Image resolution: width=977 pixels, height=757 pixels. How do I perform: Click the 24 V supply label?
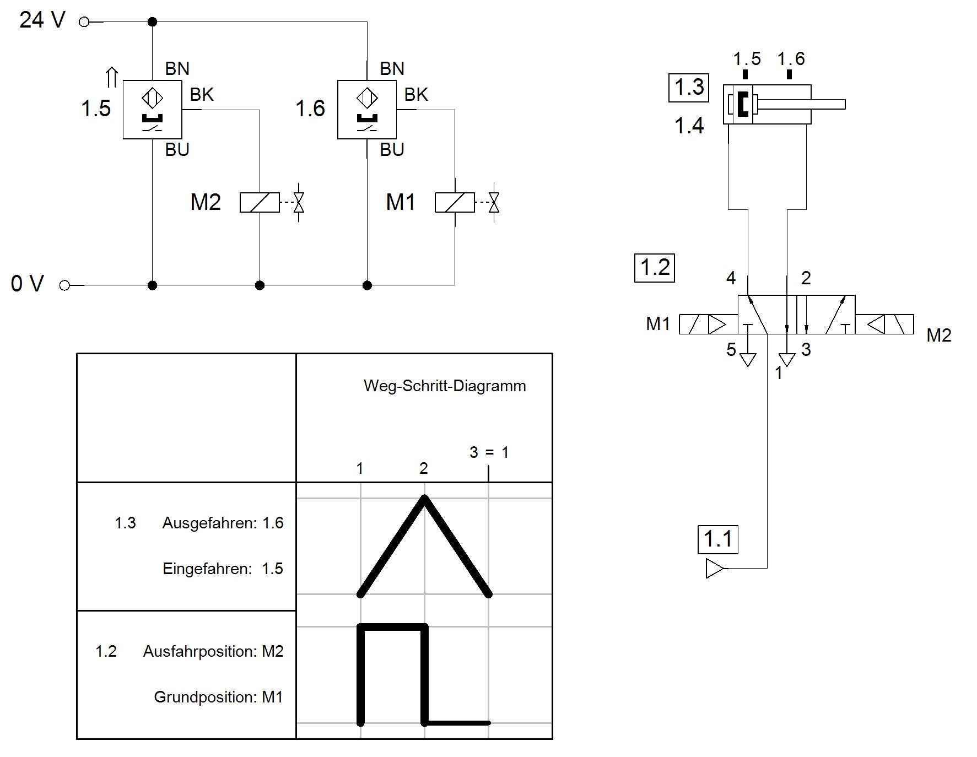tap(42, 20)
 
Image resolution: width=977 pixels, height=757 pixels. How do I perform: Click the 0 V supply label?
tap(27, 284)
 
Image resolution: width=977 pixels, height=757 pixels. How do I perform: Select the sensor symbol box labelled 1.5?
tap(152, 110)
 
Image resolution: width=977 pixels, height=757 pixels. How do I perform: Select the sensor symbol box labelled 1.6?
tap(367, 110)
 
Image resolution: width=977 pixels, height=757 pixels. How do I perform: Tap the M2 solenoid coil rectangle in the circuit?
tap(260, 202)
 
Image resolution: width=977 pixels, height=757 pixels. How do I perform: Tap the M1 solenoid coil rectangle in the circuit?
tap(455, 202)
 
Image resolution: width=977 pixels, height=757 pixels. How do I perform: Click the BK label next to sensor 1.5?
tap(202, 95)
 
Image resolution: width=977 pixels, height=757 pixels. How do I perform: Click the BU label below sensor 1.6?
tap(392, 149)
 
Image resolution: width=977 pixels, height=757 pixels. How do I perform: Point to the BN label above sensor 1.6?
tap(392, 68)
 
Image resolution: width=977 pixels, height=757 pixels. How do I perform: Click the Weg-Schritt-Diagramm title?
tap(445, 386)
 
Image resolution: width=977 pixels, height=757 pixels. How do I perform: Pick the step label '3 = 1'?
tap(489, 452)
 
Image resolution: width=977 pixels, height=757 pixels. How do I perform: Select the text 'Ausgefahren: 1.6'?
tap(223, 523)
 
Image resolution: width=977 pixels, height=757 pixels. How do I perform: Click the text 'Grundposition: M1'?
tap(218, 697)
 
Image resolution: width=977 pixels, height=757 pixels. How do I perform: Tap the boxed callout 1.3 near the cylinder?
tap(689, 87)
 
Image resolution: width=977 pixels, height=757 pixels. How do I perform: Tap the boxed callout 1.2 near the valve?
tap(655, 267)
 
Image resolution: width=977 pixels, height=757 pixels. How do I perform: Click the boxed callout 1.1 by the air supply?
tap(718, 539)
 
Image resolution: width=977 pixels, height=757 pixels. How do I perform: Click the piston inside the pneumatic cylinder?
tap(742, 104)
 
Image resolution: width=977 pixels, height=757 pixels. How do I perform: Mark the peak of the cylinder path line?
tap(424, 498)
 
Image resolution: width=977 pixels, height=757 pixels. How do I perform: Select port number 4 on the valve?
tap(731, 278)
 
